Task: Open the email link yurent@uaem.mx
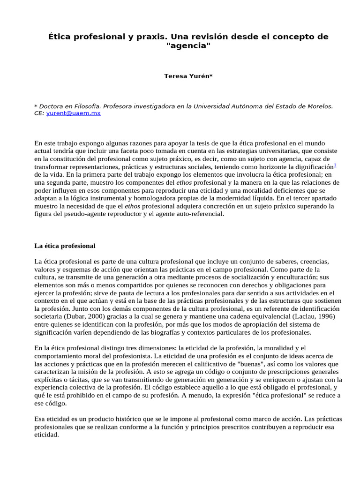click(x=74, y=113)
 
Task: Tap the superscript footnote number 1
click(x=335, y=165)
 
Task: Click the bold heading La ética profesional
click(x=65, y=246)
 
